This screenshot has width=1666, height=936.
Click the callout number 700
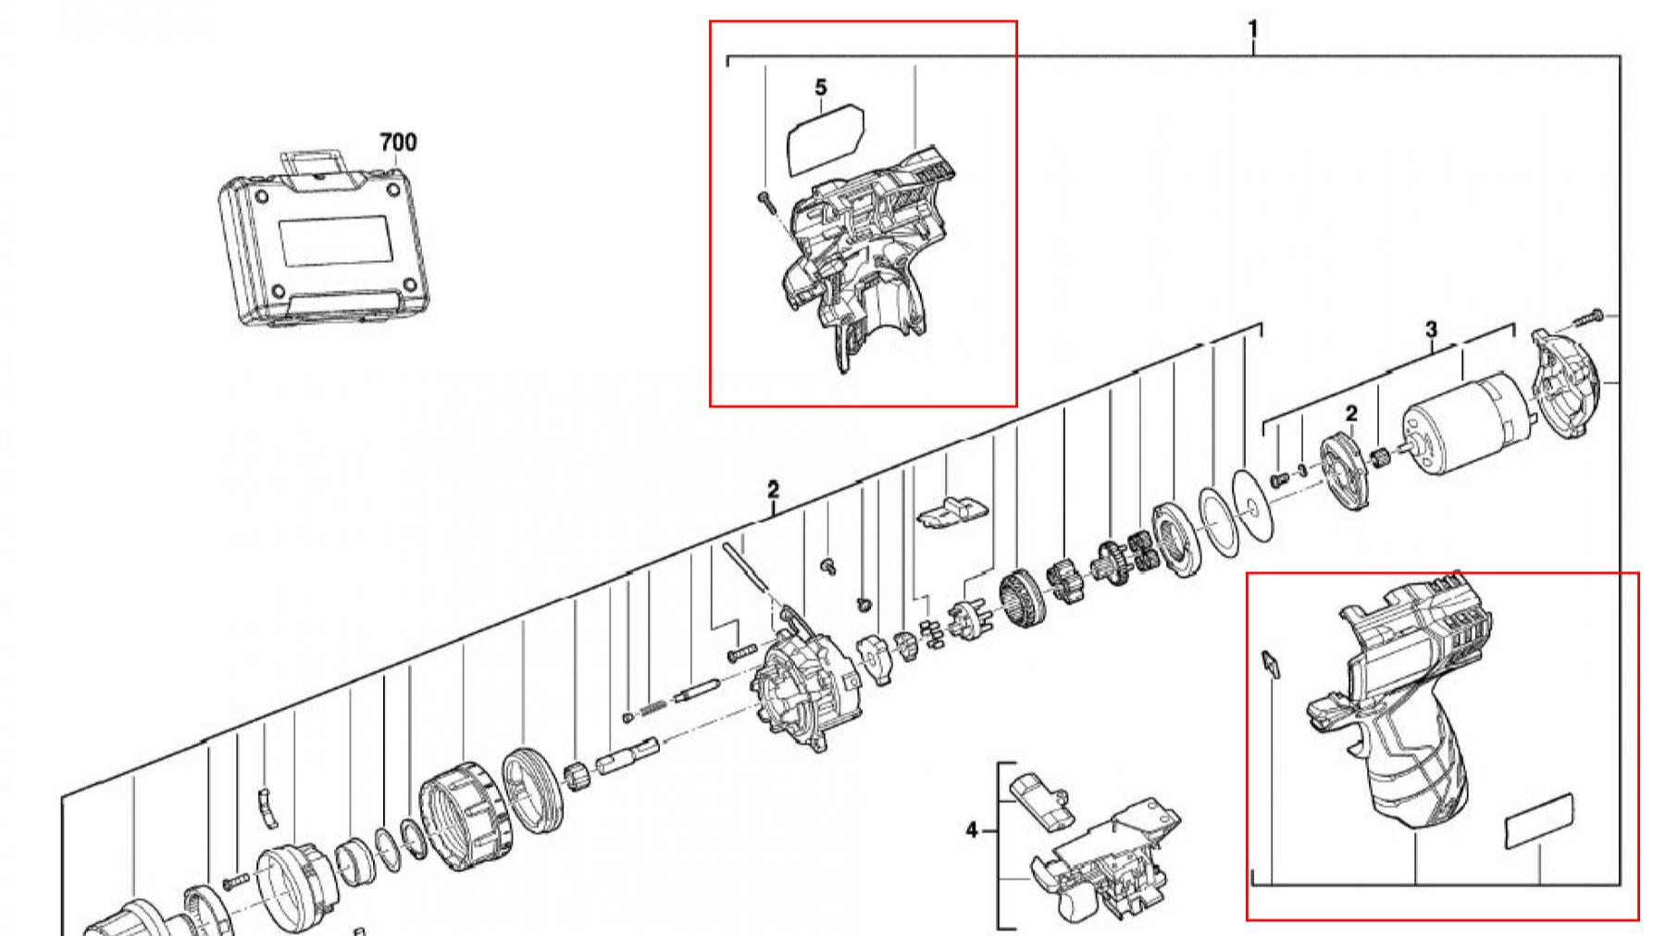pyautogui.click(x=398, y=142)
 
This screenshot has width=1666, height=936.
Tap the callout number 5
pyautogui.click(x=821, y=88)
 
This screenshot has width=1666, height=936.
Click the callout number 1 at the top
pyautogui.click(x=1253, y=30)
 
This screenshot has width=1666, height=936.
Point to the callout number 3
pyautogui.click(x=1431, y=329)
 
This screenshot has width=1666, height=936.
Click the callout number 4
pyautogui.click(x=971, y=830)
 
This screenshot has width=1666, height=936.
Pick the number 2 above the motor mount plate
pyautogui.click(x=1351, y=414)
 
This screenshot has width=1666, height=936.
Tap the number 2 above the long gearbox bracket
pyautogui.click(x=773, y=489)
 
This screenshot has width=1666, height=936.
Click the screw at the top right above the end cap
pyautogui.click(x=1587, y=318)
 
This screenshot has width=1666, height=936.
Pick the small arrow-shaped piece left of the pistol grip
pyautogui.click(x=1271, y=663)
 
